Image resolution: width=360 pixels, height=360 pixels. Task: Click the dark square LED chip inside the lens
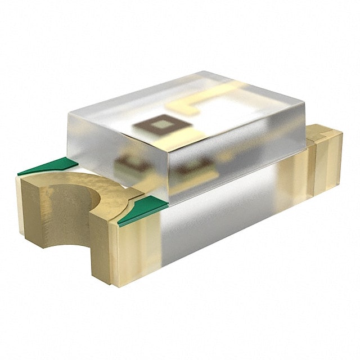[159, 124]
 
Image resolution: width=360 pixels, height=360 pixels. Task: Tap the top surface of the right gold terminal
[323, 133]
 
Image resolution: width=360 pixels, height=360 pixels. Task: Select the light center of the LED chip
[160, 124]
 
